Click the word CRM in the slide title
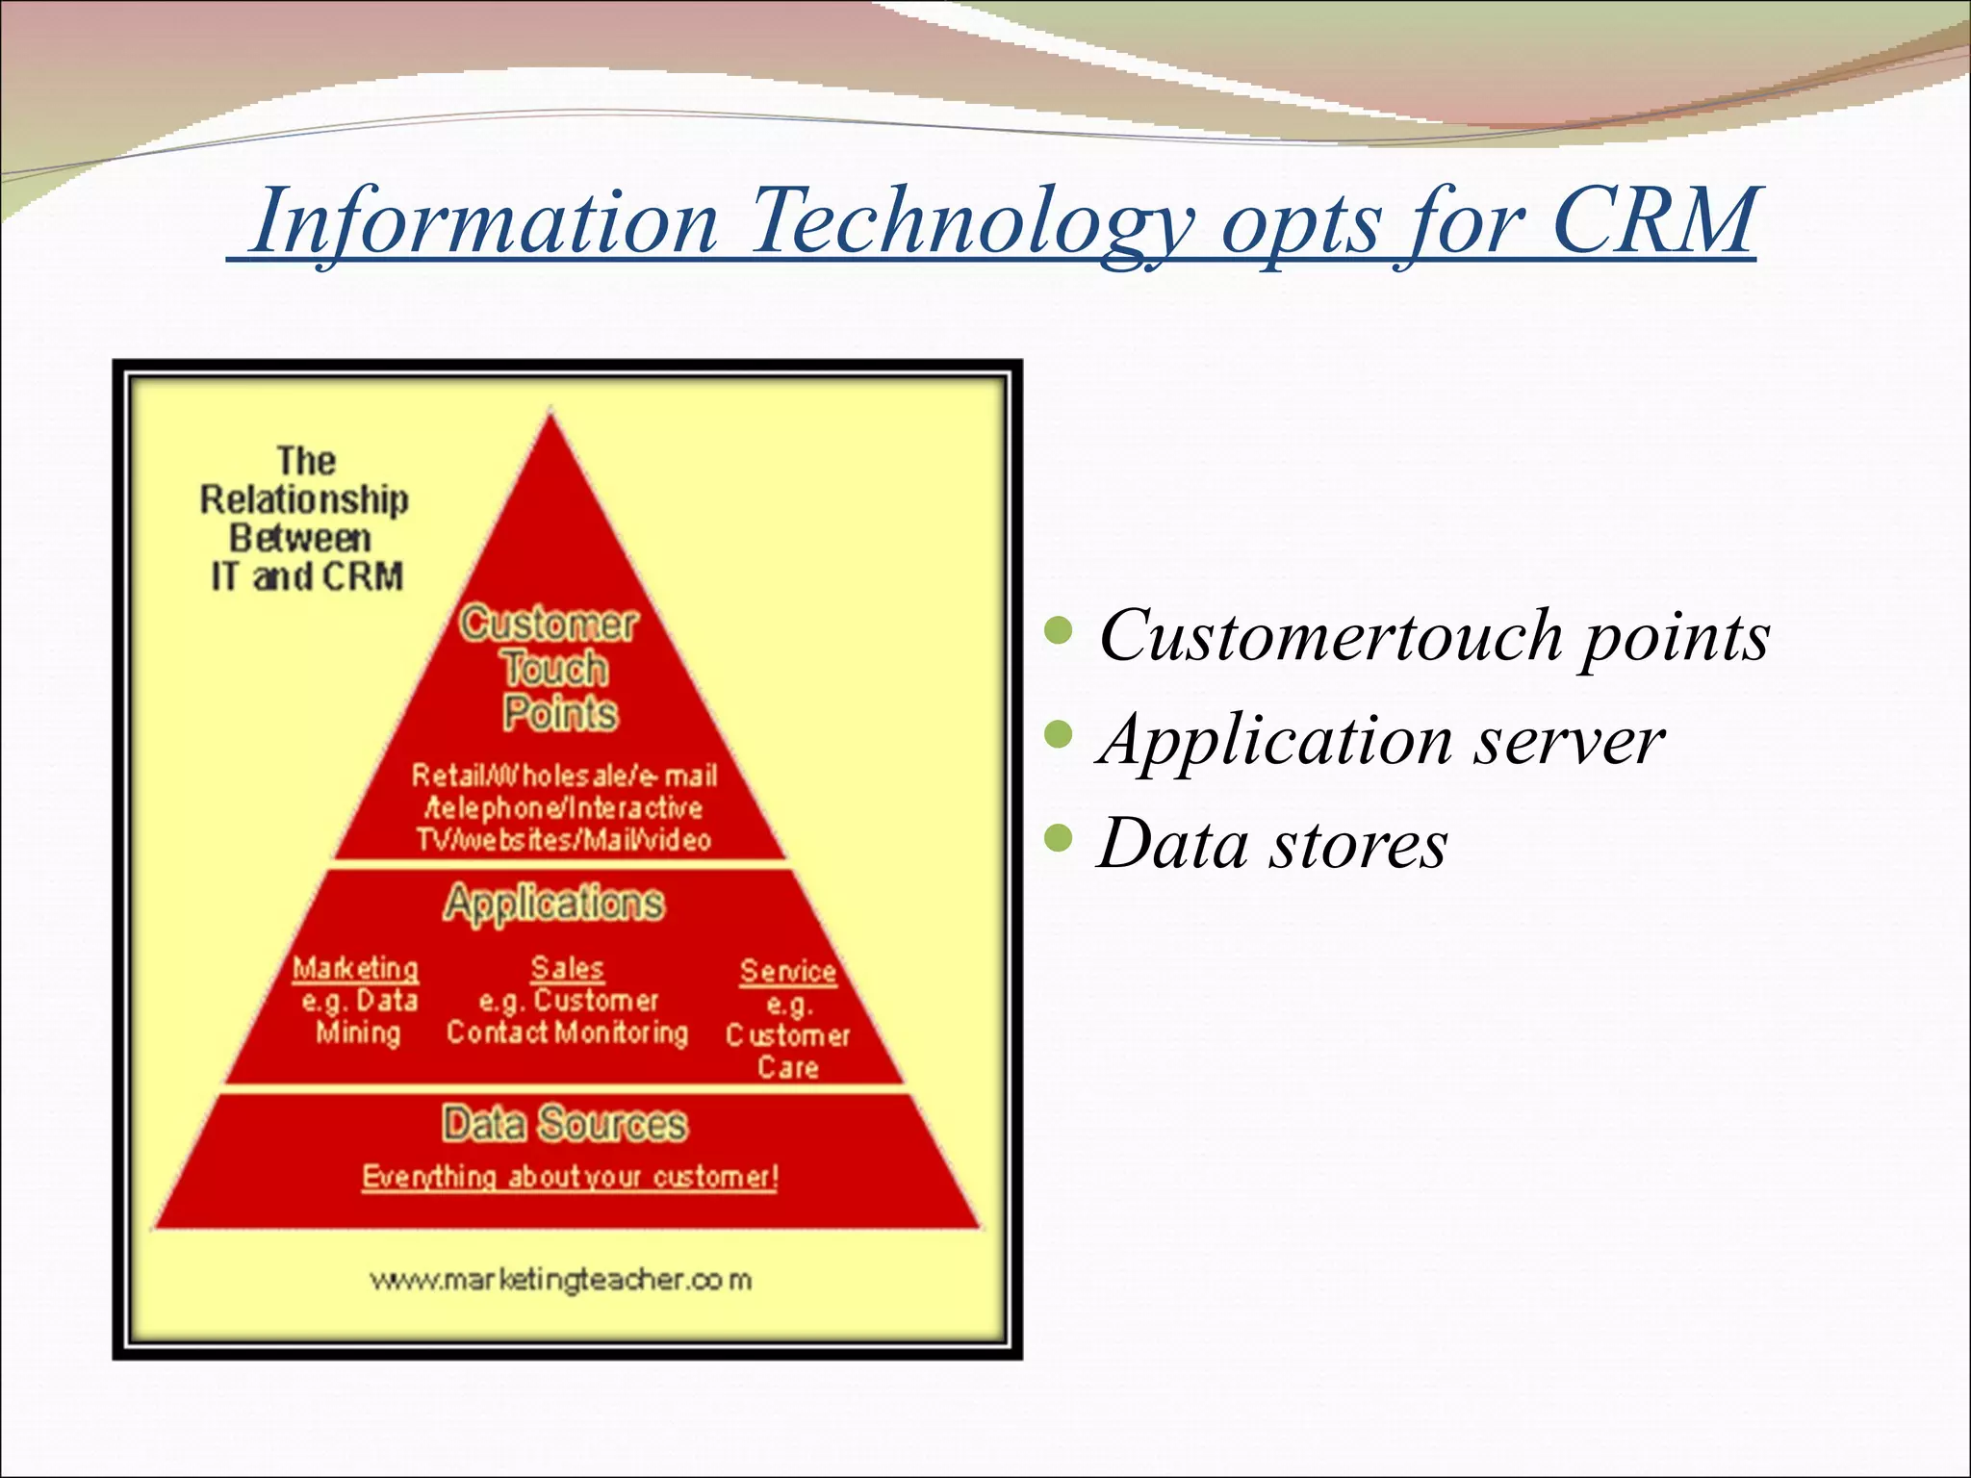[x=1653, y=221]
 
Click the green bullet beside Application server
[x=1059, y=735]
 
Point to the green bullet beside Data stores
[x=1059, y=838]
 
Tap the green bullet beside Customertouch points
[x=1059, y=630]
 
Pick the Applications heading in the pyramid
[x=553, y=904]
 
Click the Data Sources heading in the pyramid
[x=565, y=1124]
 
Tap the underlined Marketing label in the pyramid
[x=355, y=968]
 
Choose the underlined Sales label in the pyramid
[x=567, y=968]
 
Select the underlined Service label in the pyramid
[x=788, y=971]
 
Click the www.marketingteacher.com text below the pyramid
[x=560, y=1280]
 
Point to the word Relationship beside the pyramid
[x=304, y=500]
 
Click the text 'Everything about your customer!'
[x=570, y=1177]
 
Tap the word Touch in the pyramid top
[x=555, y=669]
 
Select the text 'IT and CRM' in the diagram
[x=307, y=577]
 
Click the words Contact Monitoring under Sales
[x=567, y=1032]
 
